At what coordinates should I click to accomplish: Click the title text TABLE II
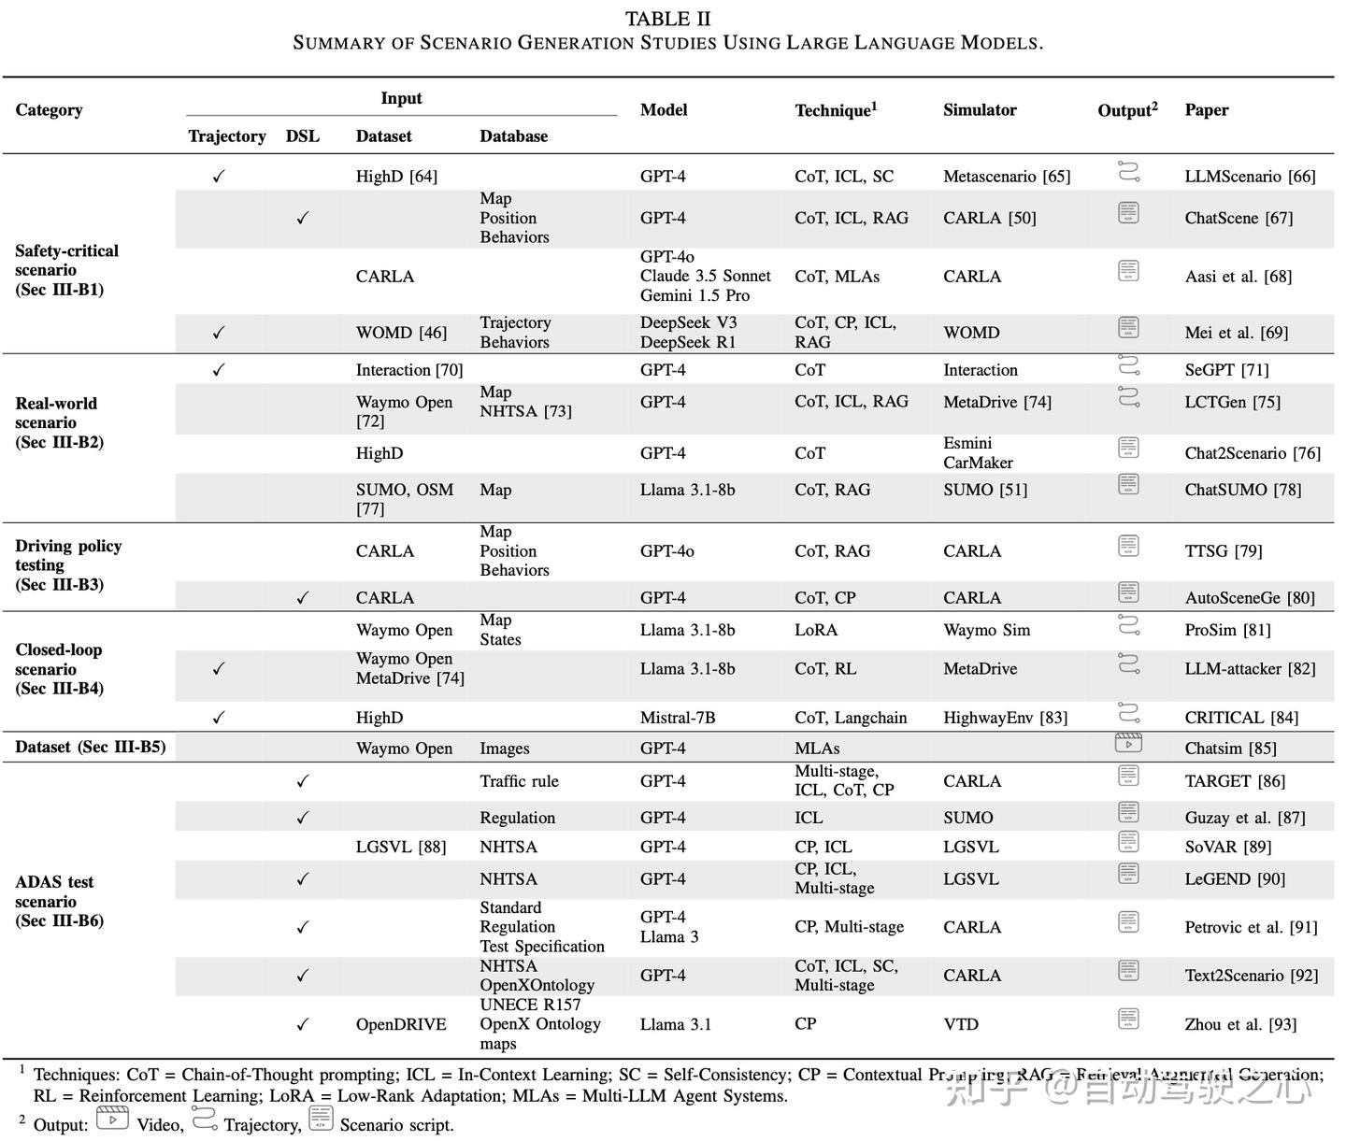click(x=667, y=20)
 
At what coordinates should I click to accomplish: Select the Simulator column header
click(x=980, y=109)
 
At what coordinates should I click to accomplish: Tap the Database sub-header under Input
click(x=513, y=135)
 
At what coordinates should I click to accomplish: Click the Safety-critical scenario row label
click(x=66, y=270)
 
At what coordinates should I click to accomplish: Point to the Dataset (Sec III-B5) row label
click(x=90, y=747)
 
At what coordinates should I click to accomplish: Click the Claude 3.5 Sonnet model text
click(x=705, y=276)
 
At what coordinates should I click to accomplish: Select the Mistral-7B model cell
click(x=677, y=718)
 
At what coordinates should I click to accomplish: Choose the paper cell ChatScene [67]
click(x=1239, y=218)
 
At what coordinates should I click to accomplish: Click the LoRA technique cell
click(x=816, y=630)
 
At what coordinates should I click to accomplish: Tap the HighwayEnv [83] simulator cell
click(x=1005, y=718)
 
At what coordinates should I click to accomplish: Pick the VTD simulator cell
click(x=961, y=1024)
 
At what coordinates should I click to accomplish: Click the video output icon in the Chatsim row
click(x=1128, y=744)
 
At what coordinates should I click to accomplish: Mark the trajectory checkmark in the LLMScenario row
click(x=219, y=176)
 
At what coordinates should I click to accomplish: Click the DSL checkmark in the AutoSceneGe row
click(x=302, y=598)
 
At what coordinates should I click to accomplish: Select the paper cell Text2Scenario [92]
click(x=1251, y=975)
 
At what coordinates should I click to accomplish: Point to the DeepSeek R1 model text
click(x=688, y=342)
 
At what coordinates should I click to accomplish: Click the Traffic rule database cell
click(x=519, y=781)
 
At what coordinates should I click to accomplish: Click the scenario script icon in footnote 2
click(x=321, y=1118)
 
